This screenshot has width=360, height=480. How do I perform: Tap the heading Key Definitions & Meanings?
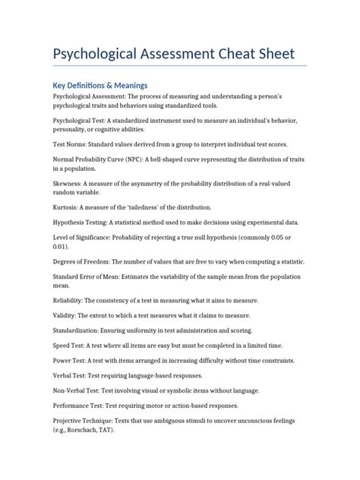pyautogui.click(x=99, y=85)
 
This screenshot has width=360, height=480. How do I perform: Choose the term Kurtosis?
pyautogui.click(x=69, y=207)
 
